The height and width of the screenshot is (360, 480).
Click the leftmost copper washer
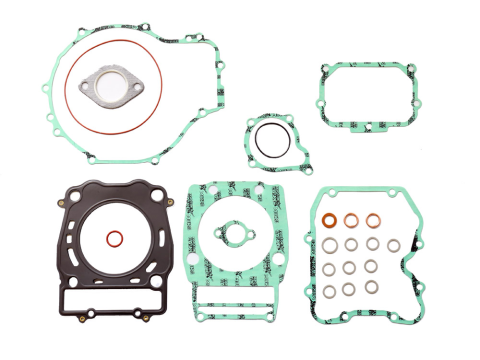pyautogui.click(x=330, y=221)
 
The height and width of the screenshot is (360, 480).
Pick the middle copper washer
pyautogui.click(x=352, y=220)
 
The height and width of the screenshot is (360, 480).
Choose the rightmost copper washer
pyautogui.click(x=373, y=220)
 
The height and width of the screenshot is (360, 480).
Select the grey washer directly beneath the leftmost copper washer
pyautogui.click(x=330, y=245)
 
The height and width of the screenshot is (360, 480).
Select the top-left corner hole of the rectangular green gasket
pyautogui.click(x=325, y=70)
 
